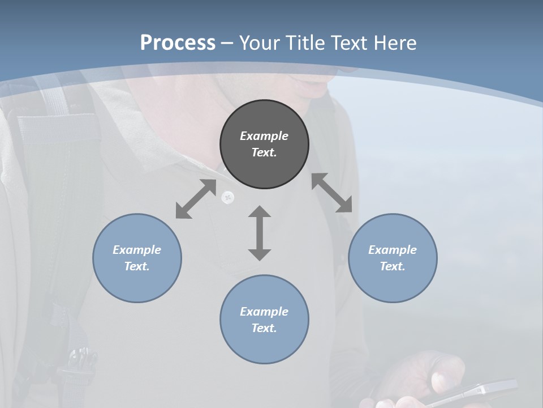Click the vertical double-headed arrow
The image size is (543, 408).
(260, 233)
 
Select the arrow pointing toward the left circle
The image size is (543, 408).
(196, 199)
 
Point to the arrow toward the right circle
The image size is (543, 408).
(332, 193)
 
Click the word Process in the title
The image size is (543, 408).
(178, 43)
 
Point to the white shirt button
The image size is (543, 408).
(228, 197)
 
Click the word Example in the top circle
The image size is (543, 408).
(264, 136)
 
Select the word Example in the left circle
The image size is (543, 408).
(137, 250)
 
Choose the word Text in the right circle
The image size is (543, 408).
(393, 266)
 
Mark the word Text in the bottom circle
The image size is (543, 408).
(264, 328)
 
